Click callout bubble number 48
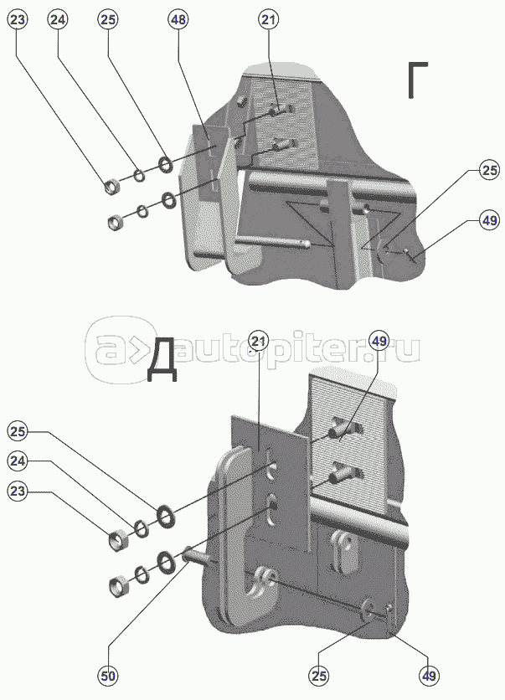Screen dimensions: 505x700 pos(178,19)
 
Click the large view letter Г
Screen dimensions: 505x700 pos(418,80)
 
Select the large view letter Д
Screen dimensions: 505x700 pos(162,365)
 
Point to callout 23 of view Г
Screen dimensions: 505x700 pos(18,19)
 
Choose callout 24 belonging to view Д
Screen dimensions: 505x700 pos(18,461)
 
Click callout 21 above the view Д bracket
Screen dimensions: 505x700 pos(259,342)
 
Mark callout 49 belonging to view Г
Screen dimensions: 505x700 pos(489,220)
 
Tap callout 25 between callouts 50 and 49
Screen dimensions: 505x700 pos(319,677)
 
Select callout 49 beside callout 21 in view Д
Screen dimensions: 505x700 pos(379,342)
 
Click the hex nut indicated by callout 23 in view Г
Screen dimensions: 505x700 pos(111,186)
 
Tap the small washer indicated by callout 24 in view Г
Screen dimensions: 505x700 pos(139,176)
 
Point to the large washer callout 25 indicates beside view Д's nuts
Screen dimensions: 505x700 pos(166,516)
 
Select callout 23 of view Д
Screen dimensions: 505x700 pos(18,492)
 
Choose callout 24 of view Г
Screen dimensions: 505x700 pos(58,19)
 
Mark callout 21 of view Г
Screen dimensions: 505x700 pos(268,19)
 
